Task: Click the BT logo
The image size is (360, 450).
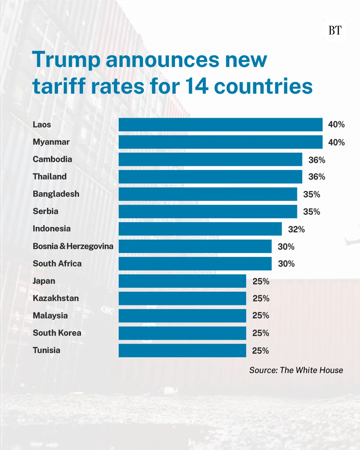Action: coord(335,30)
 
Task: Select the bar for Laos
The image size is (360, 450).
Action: coord(220,124)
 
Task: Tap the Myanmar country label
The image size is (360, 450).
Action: coord(51,142)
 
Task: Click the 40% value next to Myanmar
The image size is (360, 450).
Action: coord(336,142)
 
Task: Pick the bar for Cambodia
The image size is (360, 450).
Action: coord(210,159)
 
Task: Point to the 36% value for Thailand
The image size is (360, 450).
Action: coord(316,177)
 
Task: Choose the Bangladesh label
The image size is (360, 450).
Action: coord(56,194)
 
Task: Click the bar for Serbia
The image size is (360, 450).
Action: coord(208,211)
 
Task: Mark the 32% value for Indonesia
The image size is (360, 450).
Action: coord(296,229)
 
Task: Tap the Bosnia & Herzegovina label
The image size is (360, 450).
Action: coord(73,246)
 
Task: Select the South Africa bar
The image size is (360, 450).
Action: coord(195,263)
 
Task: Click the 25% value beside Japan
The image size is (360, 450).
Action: coord(261,281)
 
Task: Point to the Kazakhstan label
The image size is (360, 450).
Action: coord(56,298)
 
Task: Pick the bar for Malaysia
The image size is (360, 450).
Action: coord(182,315)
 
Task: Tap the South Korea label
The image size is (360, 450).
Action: coord(57,333)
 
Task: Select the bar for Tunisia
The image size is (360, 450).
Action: coord(182,350)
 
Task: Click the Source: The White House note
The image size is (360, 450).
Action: coord(296,370)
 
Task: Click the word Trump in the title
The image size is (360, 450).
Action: coord(66,60)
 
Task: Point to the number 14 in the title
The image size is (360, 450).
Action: coord(196,86)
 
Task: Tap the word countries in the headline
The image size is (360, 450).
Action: coord(263,86)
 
